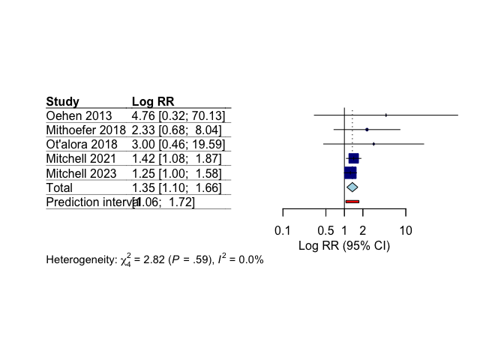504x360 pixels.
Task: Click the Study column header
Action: pyautogui.click(x=63, y=102)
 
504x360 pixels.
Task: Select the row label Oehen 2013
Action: pyautogui.click(x=79, y=116)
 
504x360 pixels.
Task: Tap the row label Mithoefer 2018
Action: pyautogui.click(x=85, y=130)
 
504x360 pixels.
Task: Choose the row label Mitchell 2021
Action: pyautogui.click(x=81, y=159)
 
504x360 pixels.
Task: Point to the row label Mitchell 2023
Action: pyautogui.click(x=81, y=173)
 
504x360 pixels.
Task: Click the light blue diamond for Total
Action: pyautogui.click(x=352, y=187)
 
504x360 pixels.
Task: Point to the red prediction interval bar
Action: pyautogui.click(x=352, y=202)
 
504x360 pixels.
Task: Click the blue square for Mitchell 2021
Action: pyautogui.click(x=354, y=158)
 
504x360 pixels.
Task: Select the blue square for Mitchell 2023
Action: pyautogui.click(x=350, y=172)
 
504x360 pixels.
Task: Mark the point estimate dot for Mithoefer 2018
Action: pyautogui.click(x=367, y=130)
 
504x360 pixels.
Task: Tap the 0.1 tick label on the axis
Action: pyautogui.click(x=282, y=229)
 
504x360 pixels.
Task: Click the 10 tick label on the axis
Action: pyautogui.click(x=405, y=229)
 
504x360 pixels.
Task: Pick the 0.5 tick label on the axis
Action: pyautogui.click(x=325, y=229)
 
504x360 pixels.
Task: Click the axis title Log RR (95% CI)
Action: pyautogui.click(x=343, y=245)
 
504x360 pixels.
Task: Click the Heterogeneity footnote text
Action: pyautogui.click(x=154, y=260)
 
